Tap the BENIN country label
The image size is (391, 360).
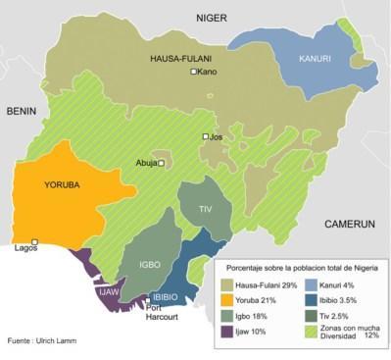[x=22, y=112]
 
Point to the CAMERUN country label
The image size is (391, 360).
[x=351, y=224]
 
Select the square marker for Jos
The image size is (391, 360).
[x=206, y=137]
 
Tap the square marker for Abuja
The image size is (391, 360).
[x=161, y=164]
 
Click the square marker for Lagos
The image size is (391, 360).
[x=35, y=241]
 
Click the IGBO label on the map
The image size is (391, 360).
[x=148, y=265]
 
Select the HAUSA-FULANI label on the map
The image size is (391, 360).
[x=181, y=59]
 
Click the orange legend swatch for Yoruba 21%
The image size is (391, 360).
[x=229, y=299]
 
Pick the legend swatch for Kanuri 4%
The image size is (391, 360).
[x=310, y=283]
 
